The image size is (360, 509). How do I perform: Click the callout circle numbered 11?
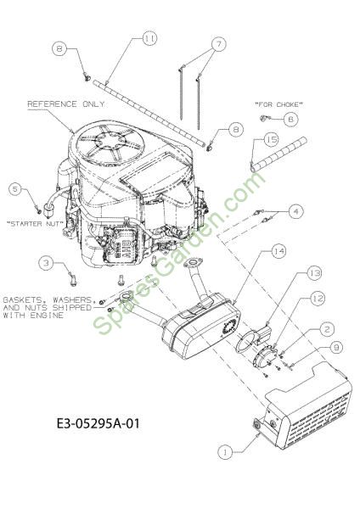149,39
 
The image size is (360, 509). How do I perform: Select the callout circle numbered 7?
219,44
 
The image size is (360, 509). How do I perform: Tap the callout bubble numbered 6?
290,120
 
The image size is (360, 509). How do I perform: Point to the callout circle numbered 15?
272,140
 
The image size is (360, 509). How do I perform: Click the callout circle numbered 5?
15,189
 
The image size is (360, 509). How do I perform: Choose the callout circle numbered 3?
46,263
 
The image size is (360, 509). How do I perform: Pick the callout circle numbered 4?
295,211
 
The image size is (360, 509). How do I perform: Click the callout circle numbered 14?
278,251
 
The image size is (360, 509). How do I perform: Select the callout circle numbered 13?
314,274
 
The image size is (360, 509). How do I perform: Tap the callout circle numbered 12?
317,299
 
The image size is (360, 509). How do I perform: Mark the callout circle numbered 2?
326,329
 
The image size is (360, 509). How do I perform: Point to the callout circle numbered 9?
336,348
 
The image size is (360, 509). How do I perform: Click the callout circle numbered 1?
225,452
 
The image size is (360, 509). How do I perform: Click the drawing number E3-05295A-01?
98,423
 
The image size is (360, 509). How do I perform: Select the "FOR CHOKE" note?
278,104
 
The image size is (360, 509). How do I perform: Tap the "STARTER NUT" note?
34,224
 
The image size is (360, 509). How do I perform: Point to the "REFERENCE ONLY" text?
66,103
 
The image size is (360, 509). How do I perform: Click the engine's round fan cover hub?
110,141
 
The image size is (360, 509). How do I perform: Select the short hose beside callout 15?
278,154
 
